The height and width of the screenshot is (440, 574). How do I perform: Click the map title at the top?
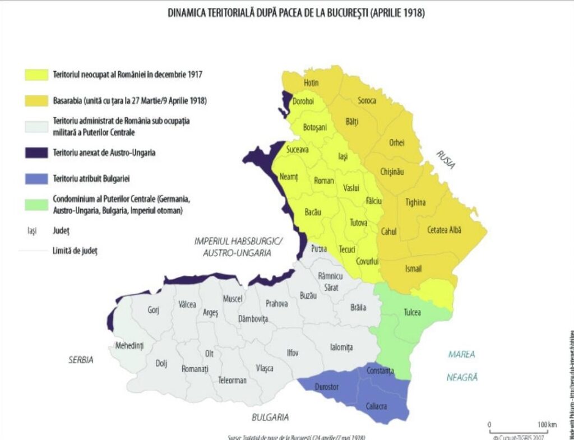[297, 13]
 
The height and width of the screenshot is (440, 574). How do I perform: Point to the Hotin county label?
[311, 83]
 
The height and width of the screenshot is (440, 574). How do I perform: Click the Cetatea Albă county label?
[446, 230]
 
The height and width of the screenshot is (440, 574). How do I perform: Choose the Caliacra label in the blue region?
[376, 406]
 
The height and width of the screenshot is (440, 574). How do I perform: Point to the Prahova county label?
[277, 303]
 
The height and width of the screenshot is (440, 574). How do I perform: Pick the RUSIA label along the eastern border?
[447, 160]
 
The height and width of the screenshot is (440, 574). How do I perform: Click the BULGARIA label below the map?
[270, 417]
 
